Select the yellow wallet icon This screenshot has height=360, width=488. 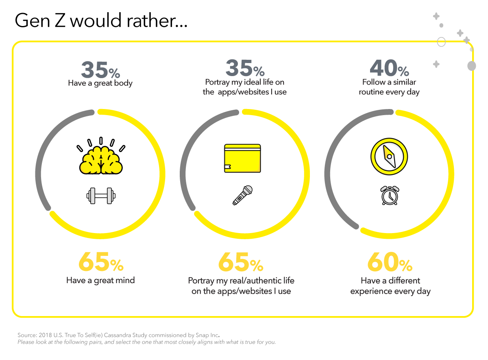tap(242, 158)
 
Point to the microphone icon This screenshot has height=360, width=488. tap(242, 195)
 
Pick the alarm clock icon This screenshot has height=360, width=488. tap(389, 195)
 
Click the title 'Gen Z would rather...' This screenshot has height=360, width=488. tap(101, 20)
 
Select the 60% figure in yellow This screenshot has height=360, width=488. tap(389, 262)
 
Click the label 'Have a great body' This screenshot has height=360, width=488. tap(100, 83)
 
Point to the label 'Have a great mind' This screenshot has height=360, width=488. tap(100, 280)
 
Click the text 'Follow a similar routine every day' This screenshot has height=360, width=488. tap(389, 87)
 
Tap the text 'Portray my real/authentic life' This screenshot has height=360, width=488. tap(241, 281)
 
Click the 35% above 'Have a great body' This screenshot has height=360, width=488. tap(100, 70)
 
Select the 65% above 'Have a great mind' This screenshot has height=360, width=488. tap(100, 262)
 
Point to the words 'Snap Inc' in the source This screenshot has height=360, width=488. tap(207, 335)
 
